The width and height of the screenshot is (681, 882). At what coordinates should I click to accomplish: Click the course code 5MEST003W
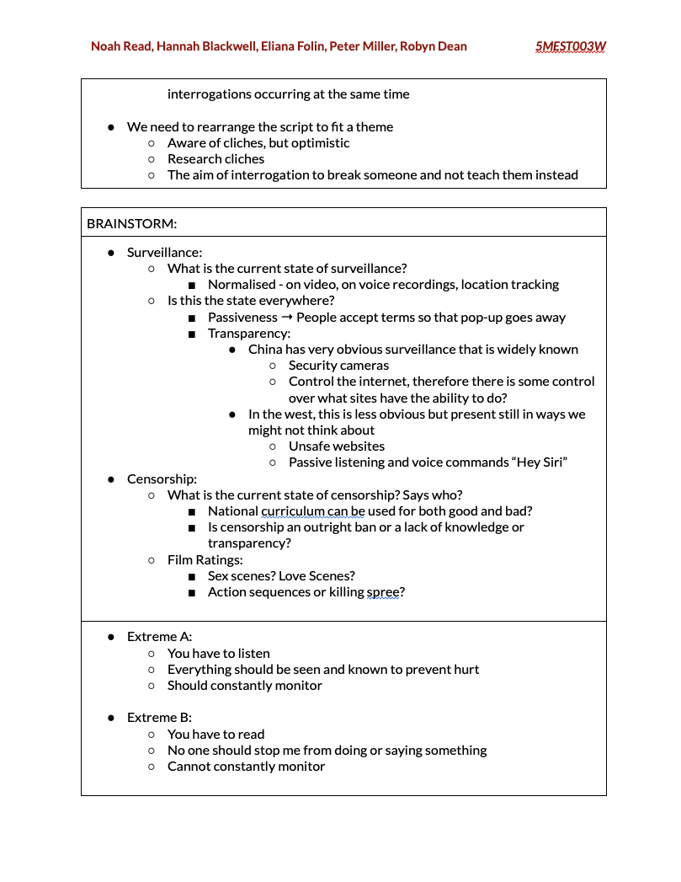[570, 46]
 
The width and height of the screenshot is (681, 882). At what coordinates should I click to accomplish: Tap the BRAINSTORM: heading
[131, 223]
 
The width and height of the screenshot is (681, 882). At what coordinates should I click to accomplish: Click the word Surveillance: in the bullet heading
[164, 252]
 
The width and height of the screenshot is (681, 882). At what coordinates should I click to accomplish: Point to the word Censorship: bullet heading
[162, 478]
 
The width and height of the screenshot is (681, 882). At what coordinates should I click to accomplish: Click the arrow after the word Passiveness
[286, 318]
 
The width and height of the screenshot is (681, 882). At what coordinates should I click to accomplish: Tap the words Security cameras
[338, 366]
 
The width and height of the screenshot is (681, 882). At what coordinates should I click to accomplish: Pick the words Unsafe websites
[336, 446]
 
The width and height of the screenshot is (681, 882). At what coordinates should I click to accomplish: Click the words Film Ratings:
[205, 559]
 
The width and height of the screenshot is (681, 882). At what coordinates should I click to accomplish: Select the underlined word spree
[383, 592]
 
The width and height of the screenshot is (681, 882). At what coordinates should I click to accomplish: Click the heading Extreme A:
[159, 637]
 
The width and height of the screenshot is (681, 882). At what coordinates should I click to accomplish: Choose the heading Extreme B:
[159, 718]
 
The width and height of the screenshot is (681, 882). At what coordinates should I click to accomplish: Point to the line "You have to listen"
[218, 653]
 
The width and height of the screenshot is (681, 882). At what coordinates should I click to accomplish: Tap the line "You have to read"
[215, 734]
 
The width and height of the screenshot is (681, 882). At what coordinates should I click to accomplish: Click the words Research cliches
[215, 159]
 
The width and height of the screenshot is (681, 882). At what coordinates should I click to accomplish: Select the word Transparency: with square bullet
[249, 334]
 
